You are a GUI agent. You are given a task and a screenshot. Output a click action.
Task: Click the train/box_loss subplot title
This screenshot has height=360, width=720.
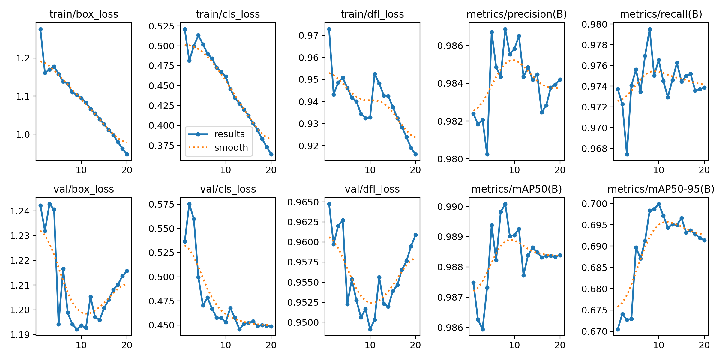coord(84,14)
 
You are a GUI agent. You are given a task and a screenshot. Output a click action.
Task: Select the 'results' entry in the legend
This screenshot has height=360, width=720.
coord(229,134)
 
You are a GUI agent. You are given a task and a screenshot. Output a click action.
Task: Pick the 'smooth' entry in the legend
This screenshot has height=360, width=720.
coord(231,148)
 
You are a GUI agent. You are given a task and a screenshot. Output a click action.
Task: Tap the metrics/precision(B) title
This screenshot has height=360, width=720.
coord(517,14)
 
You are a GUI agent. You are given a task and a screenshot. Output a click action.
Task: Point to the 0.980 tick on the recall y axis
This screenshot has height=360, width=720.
coord(594,24)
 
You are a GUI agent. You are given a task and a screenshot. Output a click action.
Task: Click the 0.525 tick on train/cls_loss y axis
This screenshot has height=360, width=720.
coord(161,26)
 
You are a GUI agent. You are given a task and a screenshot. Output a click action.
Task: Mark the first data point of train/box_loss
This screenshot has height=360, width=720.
coord(40,29)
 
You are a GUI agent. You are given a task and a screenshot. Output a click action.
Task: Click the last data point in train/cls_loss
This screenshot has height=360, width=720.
coord(271,154)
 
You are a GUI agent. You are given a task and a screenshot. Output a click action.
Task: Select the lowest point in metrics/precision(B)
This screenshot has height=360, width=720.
coord(487,154)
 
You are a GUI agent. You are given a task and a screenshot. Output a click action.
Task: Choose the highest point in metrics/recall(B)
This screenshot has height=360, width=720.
coord(650,29)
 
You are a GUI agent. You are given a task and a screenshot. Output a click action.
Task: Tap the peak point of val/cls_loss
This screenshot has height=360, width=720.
coord(189,204)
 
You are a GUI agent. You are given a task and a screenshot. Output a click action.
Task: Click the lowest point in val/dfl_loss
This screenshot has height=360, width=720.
coord(370,329)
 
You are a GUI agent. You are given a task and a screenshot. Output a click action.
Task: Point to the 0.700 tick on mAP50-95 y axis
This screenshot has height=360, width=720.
coord(594,204)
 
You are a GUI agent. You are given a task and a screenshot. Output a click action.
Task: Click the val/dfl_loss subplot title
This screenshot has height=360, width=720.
coord(372,189)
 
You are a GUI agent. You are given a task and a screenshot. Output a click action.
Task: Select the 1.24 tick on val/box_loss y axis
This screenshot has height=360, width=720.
coord(20,211)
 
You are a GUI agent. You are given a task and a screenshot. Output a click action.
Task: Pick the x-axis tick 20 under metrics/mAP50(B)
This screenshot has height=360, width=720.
coord(560,345)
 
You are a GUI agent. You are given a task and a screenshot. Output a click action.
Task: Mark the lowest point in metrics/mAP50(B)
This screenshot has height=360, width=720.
coord(483,329)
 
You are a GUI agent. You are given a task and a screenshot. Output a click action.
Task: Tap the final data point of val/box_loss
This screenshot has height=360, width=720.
coord(127,271)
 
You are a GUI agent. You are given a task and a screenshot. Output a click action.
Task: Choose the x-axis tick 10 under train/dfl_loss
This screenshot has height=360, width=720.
coord(370,170)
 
